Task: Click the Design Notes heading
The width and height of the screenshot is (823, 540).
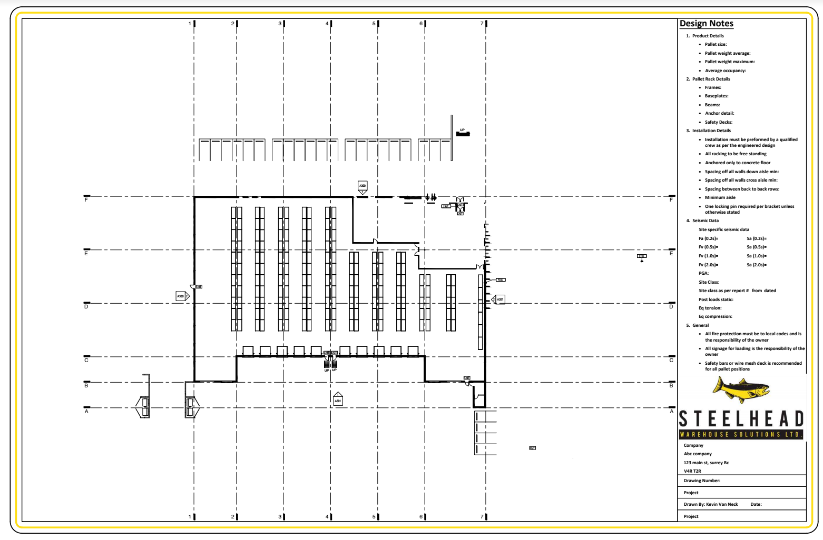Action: [706, 24]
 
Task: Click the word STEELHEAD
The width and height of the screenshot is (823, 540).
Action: [741, 419]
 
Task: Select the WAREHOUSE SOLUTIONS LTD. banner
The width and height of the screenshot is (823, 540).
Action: [740, 435]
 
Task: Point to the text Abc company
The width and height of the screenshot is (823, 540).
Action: [698, 454]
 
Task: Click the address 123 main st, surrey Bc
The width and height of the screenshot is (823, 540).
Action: [706, 463]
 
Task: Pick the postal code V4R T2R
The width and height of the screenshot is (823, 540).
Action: [692, 471]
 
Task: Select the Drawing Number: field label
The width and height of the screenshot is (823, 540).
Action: [702, 481]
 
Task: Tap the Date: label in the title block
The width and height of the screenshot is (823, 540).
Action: [756, 504]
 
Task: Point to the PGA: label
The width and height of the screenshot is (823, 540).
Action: [703, 273]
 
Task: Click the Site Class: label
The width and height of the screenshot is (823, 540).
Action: [709, 282]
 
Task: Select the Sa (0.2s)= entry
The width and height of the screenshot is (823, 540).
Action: [757, 238]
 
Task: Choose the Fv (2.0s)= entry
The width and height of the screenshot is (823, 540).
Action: [708, 265]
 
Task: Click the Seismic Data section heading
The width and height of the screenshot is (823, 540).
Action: [705, 221]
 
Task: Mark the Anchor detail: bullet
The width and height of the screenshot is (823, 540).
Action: [719, 113]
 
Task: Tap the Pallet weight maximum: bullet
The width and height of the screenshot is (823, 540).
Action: [730, 62]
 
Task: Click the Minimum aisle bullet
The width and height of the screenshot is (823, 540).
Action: [720, 197]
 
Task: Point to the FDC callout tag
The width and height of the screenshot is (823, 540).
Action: [501, 280]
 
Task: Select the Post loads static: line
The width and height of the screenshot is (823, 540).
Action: [716, 299]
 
